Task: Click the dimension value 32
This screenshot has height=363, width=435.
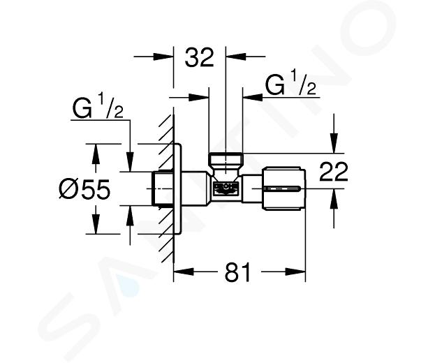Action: (x=200, y=58)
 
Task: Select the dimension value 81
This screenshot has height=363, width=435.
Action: (x=237, y=272)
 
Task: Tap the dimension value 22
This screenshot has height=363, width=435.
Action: (x=334, y=172)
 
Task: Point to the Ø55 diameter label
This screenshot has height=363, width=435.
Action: (x=84, y=189)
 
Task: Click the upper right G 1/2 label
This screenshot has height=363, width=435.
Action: (x=290, y=85)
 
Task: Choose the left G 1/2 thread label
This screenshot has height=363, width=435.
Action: (x=98, y=108)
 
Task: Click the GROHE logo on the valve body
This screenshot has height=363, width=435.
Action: (x=226, y=188)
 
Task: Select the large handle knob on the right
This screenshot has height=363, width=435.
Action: (x=283, y=188)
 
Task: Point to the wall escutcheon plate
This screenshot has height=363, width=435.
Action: (x=177, y=188)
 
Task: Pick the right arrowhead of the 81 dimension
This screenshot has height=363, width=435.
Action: (x=295, y=272)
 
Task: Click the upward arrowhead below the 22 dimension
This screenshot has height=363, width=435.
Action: (x=334, y=198)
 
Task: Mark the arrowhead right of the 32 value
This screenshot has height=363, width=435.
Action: (x=236, y=57)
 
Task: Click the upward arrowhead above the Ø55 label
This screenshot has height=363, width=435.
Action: (x=96, y=154)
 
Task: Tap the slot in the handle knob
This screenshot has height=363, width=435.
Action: (x=282, y=188)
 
